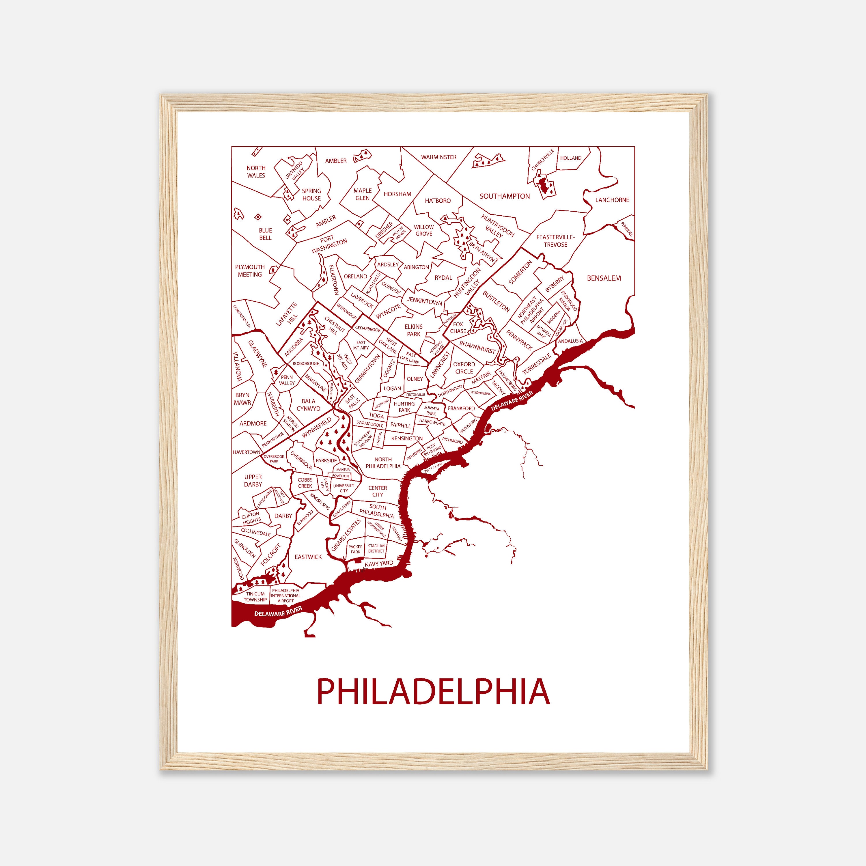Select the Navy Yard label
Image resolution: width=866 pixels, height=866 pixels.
(379, 563)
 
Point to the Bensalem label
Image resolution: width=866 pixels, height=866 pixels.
(604, 278)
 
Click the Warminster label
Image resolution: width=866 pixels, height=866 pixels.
(438, 157)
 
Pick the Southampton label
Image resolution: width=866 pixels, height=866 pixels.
(504, 196)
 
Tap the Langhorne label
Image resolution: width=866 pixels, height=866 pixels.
(612, 200)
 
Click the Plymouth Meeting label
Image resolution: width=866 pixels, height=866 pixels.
(250, 271)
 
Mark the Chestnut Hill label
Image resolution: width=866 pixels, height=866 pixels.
(334, 326)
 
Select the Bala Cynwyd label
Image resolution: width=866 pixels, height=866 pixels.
(308, 405)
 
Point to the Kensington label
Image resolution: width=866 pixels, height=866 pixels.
(406, 438)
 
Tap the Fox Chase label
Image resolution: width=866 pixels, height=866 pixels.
(458, 328)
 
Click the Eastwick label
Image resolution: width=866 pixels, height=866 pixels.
(308, 557)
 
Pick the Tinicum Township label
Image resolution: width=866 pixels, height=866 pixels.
(255, 597)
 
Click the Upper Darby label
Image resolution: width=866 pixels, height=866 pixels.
(253, 481)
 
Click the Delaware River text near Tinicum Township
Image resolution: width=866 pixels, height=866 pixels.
(278, 611)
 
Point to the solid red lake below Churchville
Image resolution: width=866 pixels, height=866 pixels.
(544, 187)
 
